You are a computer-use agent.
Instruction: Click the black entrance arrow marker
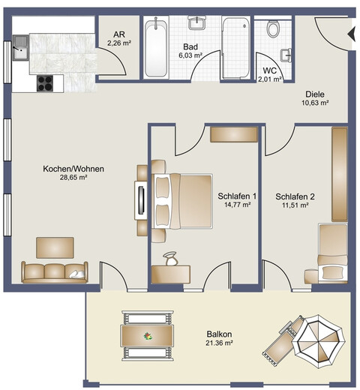click(x=352, y=34)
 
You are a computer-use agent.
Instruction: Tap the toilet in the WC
click(x=272, y=28)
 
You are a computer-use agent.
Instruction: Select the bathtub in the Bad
click(x=156, y=47)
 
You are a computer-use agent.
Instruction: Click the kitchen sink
click(x=20, y=47)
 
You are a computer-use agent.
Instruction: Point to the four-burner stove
click(x=45, y=83)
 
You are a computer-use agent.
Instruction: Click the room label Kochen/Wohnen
click(x=73, y=169)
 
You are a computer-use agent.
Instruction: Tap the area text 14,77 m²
click(x=237, y=205)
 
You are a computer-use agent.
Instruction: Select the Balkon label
click(x=219, y=334)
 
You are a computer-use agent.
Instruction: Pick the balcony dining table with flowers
click(x=147, y=336)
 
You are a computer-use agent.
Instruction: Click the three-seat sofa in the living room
click(x=55, y=272)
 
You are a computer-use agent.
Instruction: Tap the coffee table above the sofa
click(x=55, y=247)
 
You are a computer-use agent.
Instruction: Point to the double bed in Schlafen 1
click(x=182, y=201)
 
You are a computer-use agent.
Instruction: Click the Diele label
click(x=315, y=94)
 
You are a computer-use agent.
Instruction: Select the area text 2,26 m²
click(x=119, y=43)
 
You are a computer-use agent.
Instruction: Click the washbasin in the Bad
click(x=197, y=23)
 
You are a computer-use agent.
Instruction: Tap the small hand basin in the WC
click(x=286, y=55)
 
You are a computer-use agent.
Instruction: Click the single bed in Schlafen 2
click(x=333, y=253)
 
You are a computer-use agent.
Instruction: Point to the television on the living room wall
click(x=141, y=200)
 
